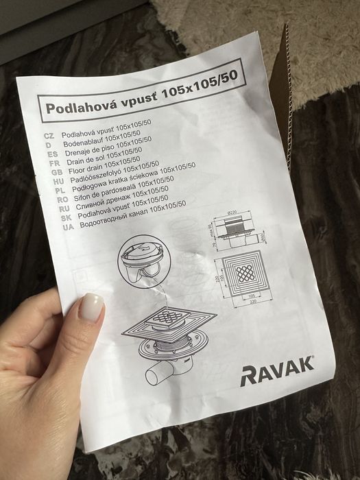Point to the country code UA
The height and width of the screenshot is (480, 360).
pyautogui.click(x=67, y=228)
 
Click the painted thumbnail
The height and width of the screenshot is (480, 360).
pyautogui.click(x=92, y=309)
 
